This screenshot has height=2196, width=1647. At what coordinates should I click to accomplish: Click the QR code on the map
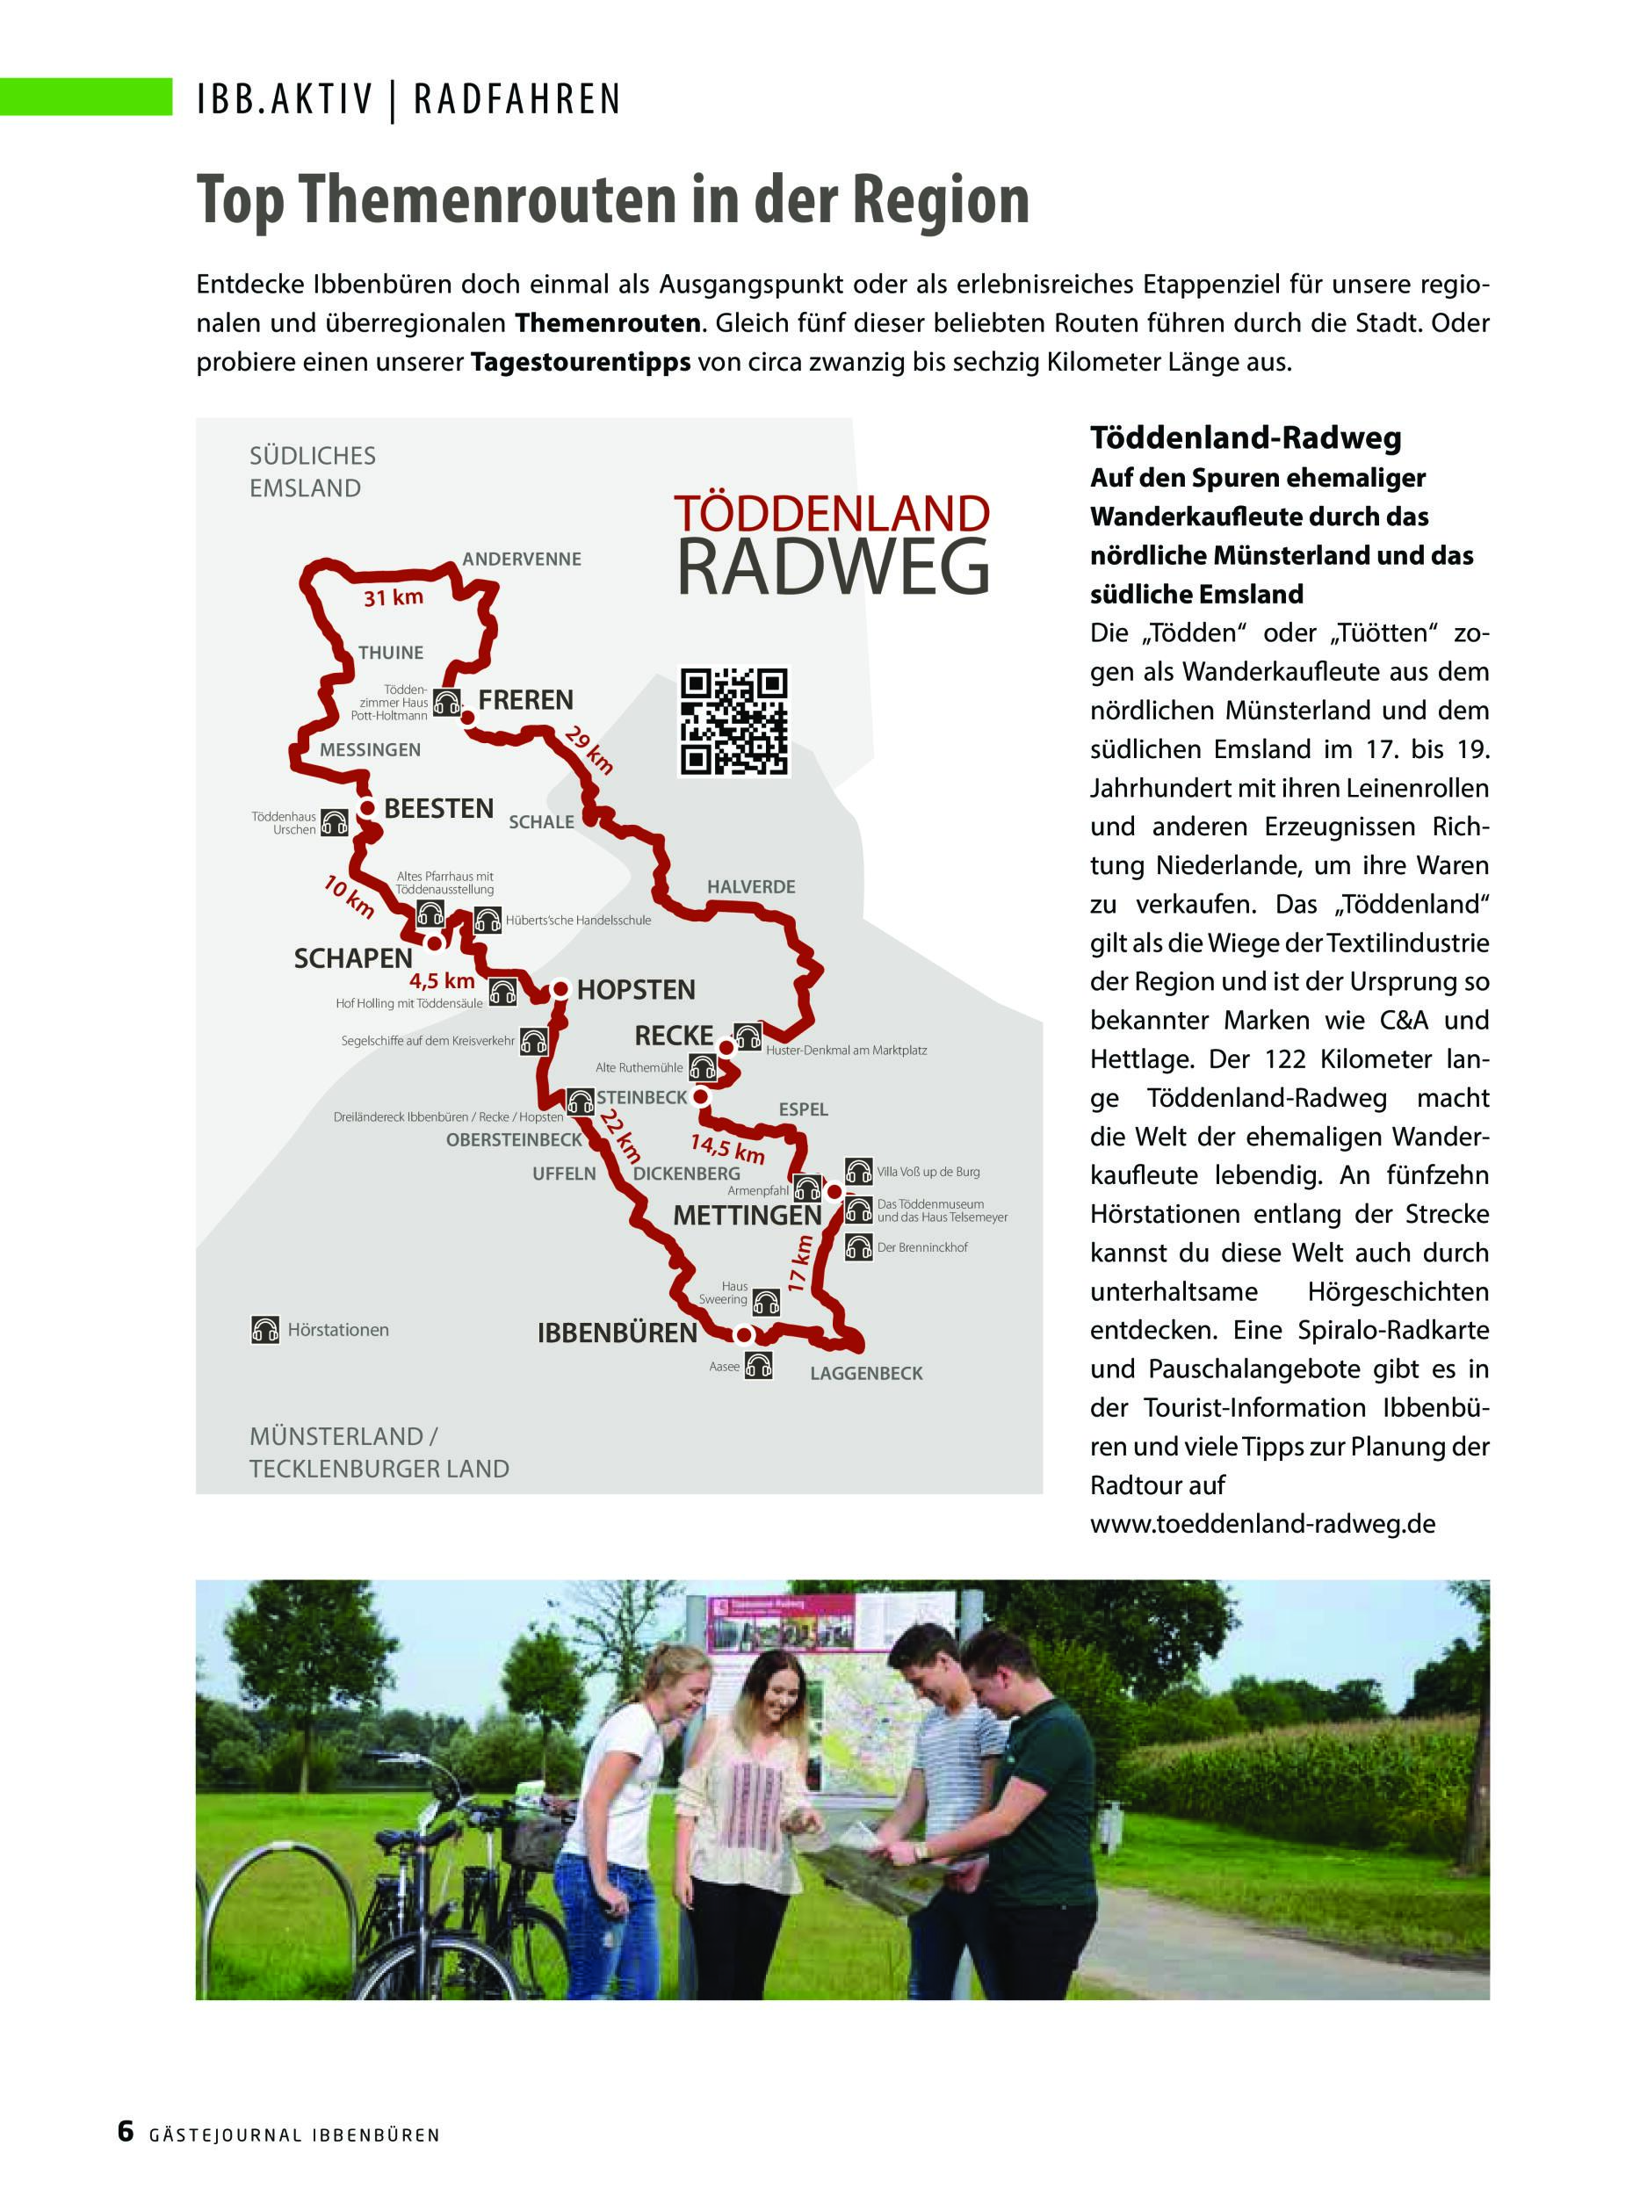[x=733, y=722]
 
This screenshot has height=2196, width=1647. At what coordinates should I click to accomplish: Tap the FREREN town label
[x=525, y=700]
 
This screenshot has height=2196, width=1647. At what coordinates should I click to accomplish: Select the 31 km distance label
[x=394, y=597]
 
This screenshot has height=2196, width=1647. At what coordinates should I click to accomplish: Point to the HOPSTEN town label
[x=635, y=990]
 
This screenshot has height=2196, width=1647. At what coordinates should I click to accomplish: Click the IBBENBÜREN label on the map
[x=617, y=1333]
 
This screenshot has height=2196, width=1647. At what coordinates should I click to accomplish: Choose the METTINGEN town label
[x=747, y=1215]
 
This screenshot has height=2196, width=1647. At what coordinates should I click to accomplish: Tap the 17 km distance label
[x=800, y=1264]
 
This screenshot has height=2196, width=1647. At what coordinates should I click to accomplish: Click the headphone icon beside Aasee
[x=758, y=1366]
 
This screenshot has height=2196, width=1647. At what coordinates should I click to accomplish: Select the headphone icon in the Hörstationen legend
[x=265, y=1329]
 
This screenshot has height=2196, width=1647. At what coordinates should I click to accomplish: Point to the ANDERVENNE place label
[x=521, y=559]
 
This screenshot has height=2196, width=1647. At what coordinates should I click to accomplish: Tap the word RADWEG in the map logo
[x=832, y=567]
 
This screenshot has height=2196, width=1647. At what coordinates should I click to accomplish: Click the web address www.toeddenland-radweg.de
[x=1261, y=1524]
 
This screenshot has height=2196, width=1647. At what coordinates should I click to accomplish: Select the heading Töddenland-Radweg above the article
[x=1245, y=437]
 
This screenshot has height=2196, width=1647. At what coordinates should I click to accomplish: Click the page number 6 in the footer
[x=125, y=2129]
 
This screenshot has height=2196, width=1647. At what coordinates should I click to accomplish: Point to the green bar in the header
[x=86, y=97]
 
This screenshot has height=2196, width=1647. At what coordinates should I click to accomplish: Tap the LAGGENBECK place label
[x=866, y=1373]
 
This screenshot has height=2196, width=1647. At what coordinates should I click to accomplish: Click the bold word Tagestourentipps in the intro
[x=580, y=363]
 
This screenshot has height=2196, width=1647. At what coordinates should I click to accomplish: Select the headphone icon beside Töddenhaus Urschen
[x=335, y=822]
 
